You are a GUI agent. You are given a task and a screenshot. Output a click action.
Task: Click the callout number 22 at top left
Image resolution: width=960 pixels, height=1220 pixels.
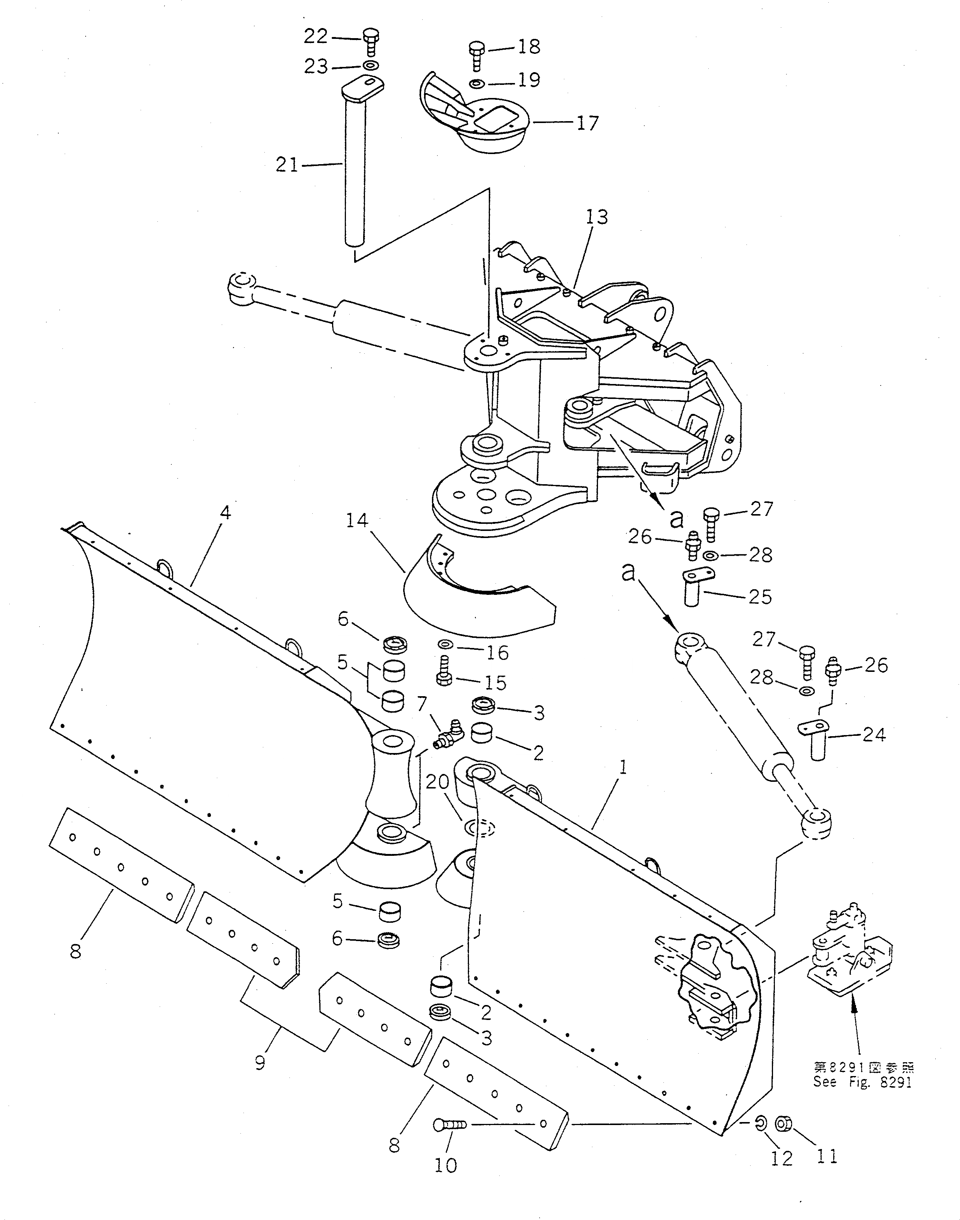pos(315,37)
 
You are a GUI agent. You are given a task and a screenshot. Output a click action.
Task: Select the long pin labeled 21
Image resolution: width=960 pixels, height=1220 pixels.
pos(353,169)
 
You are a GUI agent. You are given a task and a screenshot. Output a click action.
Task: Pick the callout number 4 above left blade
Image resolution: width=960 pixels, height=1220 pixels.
pos(226,513)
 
